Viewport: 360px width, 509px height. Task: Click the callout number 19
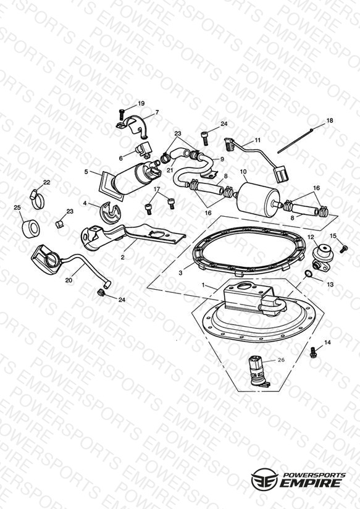[141, 104]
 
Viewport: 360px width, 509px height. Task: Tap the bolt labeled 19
[122, 114]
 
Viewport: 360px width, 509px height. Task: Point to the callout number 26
[281, 360]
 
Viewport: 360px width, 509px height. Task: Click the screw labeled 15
[343, 249]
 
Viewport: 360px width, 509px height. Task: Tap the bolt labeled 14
[314, 353]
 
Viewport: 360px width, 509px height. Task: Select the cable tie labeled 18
[295, 141]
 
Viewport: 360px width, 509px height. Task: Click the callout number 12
[311, 237]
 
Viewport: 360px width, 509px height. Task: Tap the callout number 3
[180, 273]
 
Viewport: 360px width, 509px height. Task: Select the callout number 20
[69, 280]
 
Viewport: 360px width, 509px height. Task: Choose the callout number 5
[86, 171]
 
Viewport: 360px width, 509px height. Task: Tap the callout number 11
[257, 140]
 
